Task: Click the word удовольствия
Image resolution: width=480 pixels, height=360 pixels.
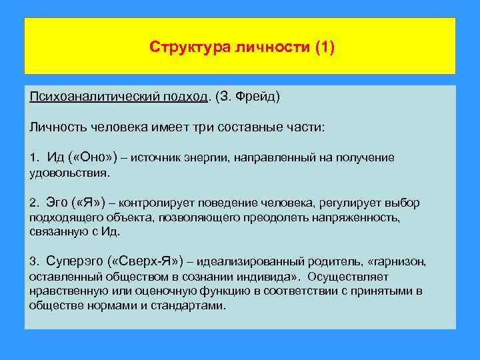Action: click(68, 172)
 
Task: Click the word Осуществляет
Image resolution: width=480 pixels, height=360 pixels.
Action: click(345, 276)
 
